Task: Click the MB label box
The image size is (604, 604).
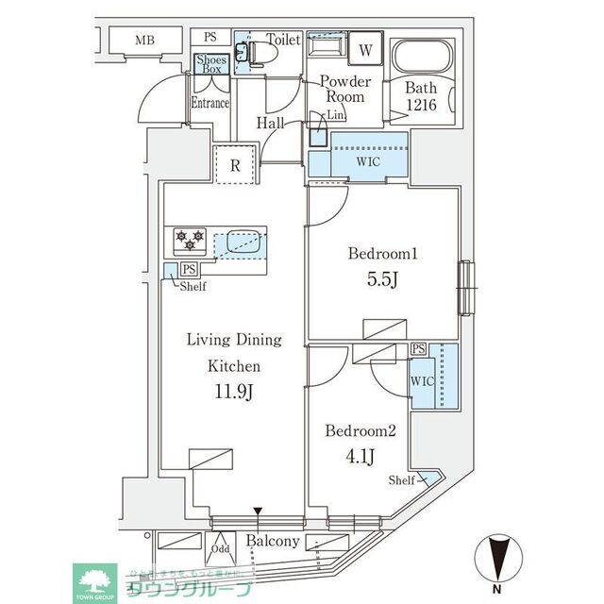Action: pyautogui.click(x=144, y=40)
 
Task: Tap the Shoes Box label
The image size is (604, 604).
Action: pyautogui.click(x=210, y=63)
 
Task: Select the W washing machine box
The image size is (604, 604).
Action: pyautogui.click(x=364, y=49)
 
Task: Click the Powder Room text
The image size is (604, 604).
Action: pyautogui.click(x=345, y=89)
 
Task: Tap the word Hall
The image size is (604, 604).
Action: pyautogui.click(x=273, y=123)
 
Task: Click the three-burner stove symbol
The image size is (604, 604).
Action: pyautogui.click(x=190, y=241)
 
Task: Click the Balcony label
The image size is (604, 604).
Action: pyautogui.click(x=273, y=542)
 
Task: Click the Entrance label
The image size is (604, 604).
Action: pyautogui.click(x=210, y=103)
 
